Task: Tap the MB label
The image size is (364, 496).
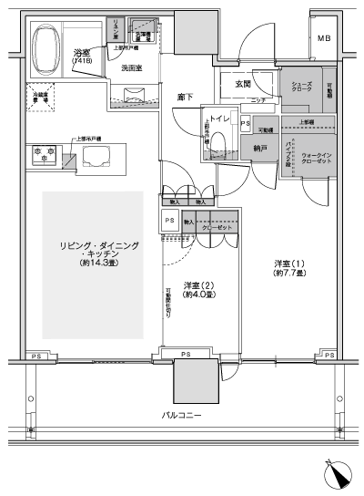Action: tap(324, 38)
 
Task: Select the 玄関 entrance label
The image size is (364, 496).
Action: tap(242, 85)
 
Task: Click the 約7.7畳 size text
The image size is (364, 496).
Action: tap(292, 276)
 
